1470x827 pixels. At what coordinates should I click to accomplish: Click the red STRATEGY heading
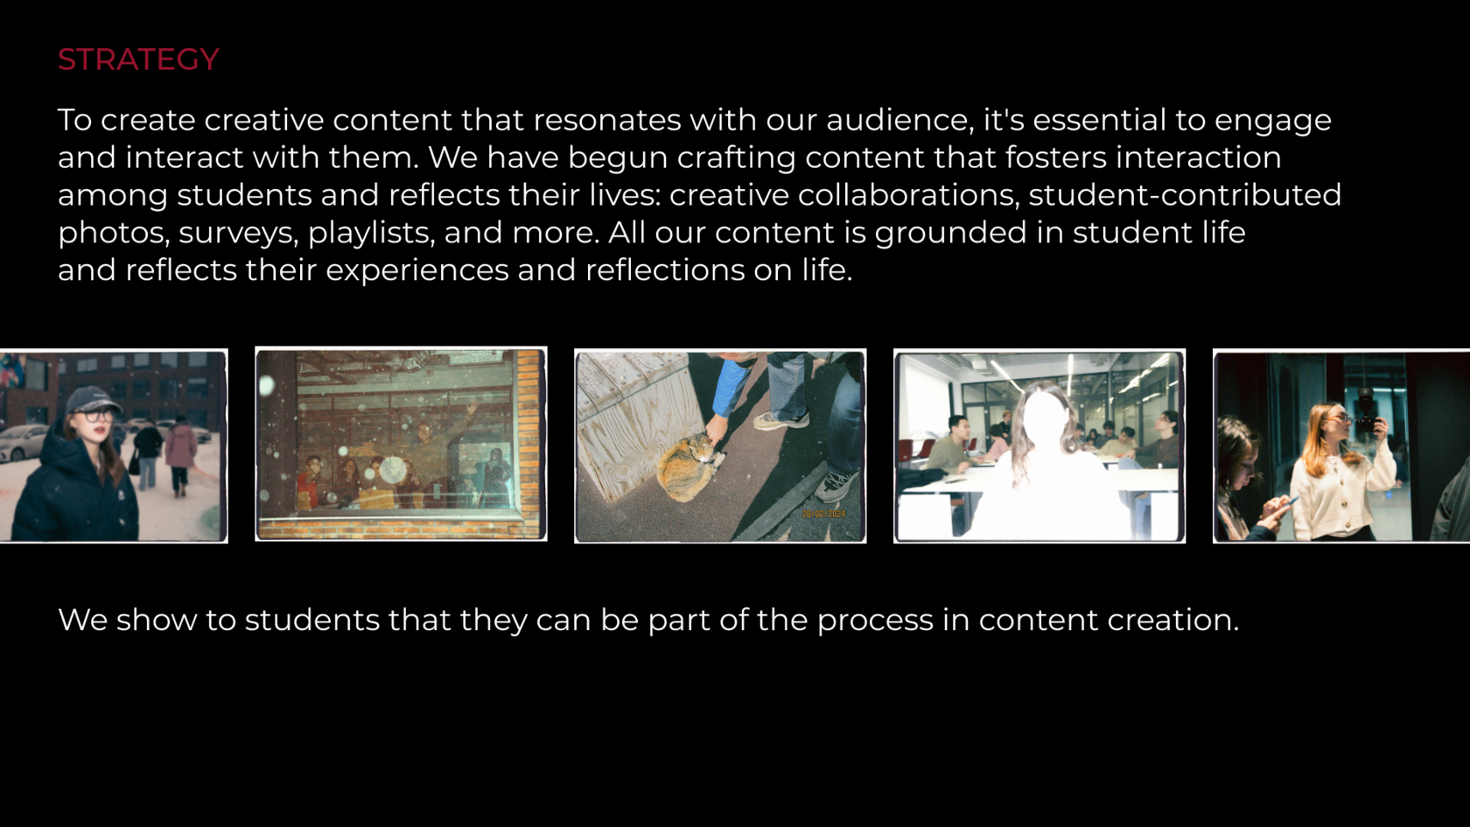138,60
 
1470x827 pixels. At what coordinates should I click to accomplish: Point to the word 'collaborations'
843,195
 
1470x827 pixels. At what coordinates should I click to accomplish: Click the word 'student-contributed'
1185,195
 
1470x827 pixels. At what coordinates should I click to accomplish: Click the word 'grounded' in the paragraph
950,233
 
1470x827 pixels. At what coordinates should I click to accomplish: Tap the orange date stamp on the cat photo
823,514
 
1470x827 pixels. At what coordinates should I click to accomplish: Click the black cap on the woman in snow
93,399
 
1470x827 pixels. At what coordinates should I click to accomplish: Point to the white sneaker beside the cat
780,420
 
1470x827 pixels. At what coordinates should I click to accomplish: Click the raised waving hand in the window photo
471,408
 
